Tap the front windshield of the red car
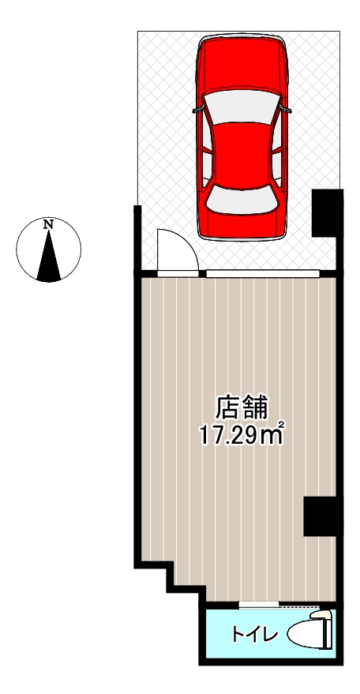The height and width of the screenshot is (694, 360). [x=242, y=103]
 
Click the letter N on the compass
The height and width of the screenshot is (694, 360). [x=49, y=225]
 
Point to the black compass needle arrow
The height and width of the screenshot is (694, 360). [x=49, y=257]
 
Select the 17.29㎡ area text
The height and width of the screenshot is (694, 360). [x=242, y=434]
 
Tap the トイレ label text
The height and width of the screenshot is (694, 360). [x=249, y=633]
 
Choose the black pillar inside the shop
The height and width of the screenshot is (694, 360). [x=321, y=517]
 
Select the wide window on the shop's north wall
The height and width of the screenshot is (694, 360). [x=263, y=273]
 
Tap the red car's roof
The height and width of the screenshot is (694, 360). [x=242, y=150]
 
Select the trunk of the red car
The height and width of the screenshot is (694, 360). [x=242, y=223]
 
